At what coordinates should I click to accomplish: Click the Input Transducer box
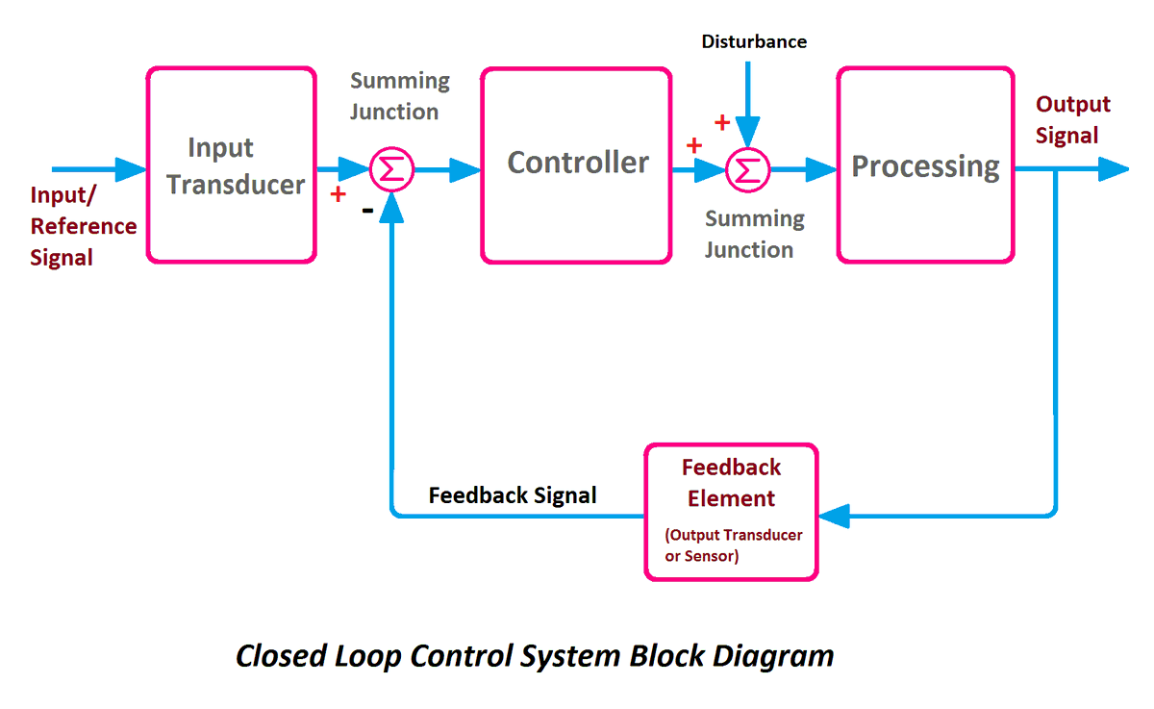click(x=231, y=165)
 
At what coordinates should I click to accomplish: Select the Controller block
click(x=576, y=165)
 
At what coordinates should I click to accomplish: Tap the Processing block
click(x=925, y=165)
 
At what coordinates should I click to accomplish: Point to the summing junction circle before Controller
click(x=391, y=170)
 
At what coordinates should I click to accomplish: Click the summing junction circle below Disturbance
click(x=747, y=170)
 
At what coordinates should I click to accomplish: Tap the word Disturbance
click(x=754, y=41)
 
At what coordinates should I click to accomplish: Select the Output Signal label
click(x=1072, y=120)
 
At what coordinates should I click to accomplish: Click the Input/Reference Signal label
click(x=83, y=226)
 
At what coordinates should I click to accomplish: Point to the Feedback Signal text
click(x=513, y=495)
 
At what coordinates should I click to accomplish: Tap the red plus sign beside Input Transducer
click(x=338, y=194)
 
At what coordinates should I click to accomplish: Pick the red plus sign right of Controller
click(x=691, y=145)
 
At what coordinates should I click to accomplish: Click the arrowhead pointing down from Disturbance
click(x=747, y=132)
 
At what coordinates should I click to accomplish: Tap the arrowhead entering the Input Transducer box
click(x=129, y=170)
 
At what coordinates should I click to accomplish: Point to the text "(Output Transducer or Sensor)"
click(x=733, y=545)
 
